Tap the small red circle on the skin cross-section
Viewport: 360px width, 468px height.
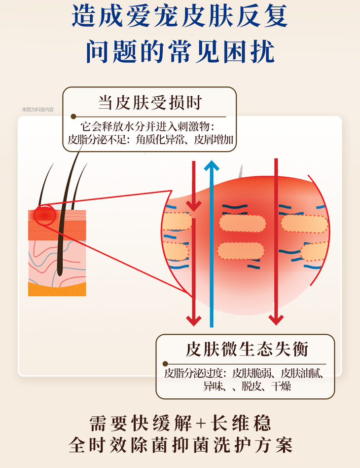pyautogui.click(x=45, y=215)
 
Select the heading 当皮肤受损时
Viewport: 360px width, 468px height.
pyautogui.click(x=150, y=103)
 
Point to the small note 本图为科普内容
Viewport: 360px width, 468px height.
pyautogui.click(x=37, y=110)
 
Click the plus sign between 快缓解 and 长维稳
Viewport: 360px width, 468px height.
pyautogui.click(x=200, y=424)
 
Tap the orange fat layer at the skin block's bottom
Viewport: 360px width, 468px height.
pyautogui.click(x=57, y=289)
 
